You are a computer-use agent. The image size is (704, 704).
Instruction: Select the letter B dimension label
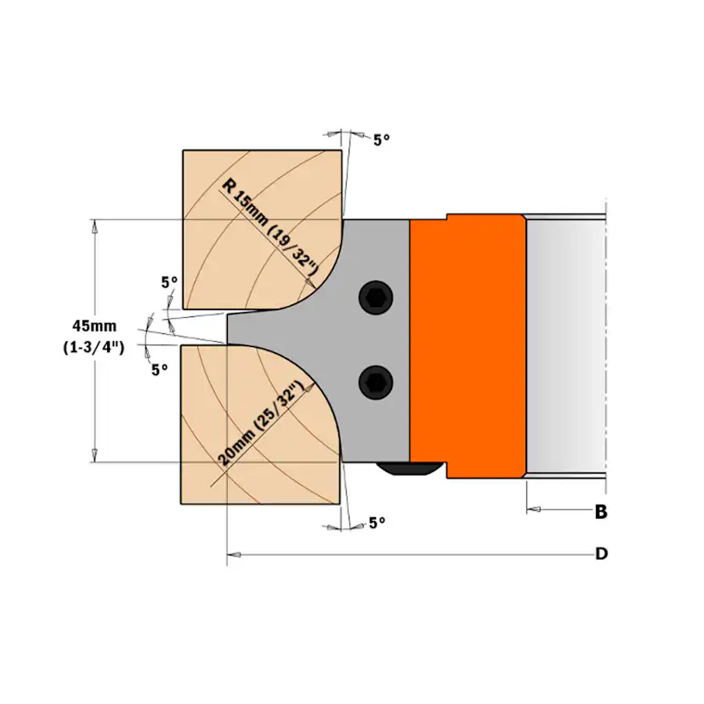601,512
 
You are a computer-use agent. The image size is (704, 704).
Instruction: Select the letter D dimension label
601,554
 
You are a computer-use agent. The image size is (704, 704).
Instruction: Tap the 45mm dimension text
93,326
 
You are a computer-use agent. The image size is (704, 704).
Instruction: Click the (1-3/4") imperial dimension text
93,347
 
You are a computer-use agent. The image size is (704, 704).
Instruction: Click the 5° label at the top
382,139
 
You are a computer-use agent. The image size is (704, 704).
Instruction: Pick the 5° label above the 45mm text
169,281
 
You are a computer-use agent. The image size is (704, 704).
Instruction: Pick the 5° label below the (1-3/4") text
159,369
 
